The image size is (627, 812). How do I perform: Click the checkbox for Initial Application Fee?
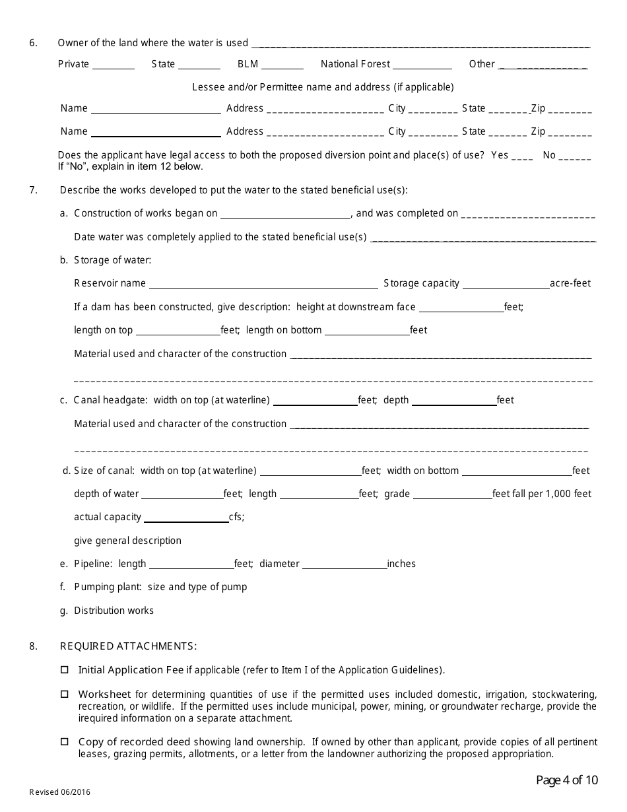click(64, 669)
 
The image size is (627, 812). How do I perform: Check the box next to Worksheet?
click(64, 694)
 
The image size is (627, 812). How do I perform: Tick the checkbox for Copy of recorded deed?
click(64, 742)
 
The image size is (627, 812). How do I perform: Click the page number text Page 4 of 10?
click(567, 780)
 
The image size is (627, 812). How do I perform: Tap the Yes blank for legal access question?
click(522, 157)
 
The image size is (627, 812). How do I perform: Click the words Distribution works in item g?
click(114, 611)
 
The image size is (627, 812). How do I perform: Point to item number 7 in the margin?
click(33, 190)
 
